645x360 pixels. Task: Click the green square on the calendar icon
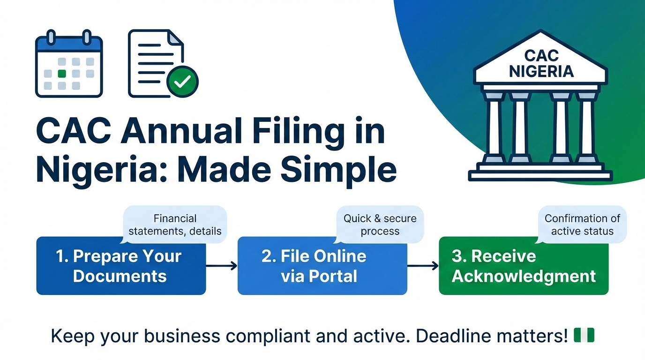(x=61, y=74)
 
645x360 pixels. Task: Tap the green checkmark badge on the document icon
(x=182, y=82)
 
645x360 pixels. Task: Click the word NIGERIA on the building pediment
(x=541, y=72)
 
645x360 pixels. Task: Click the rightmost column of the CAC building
(x=585, y=125)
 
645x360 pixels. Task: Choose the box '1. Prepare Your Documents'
(x=121, y=266)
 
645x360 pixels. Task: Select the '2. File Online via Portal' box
(x=322, y=266)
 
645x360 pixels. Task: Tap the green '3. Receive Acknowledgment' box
(x=523, y=266)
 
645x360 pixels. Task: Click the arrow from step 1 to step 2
(x=221, y=266)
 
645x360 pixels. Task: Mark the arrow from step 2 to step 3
(x=422, y=266)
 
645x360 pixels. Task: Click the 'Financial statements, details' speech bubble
(x=175, y=225)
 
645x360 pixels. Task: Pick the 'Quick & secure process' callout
(x=380, y=225)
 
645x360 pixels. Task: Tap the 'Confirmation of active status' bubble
(x=582, y=225)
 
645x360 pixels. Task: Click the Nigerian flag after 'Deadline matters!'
(x=584, y=335)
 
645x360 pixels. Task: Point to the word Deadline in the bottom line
(x=455, y=336)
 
